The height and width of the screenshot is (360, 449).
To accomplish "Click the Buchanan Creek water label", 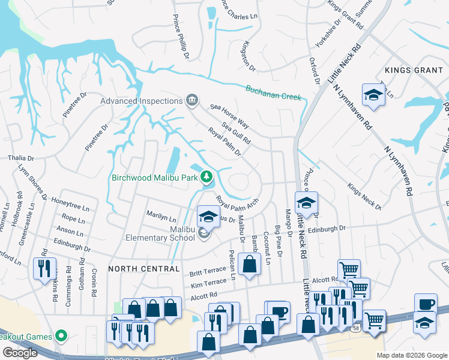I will pyautogui.click(x=273, y=92).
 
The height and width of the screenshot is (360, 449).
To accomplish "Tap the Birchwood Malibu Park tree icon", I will pyautogui.click(x=206, y=176).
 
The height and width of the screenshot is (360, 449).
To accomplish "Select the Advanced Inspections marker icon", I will pyautogui.click(x=192, y=100).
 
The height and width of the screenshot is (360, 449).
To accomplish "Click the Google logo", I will pyautogui.click(x=20, y=353).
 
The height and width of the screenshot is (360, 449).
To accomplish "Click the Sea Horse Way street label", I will pyautogui.click(x=229, y=115).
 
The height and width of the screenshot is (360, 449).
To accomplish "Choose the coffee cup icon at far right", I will pyautogui.click(x=426, y=304).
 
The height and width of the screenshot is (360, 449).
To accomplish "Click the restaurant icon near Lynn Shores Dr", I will pyautogui.click(x=44, y=268).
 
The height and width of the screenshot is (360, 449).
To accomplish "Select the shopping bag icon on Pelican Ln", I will pyautogui.click(x=249, y=263).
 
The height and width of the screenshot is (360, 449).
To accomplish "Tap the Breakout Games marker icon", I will pyautogui.click(x=60, y=335).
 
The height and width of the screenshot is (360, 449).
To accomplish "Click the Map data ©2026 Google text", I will pyautogui.click(x=411, y=355).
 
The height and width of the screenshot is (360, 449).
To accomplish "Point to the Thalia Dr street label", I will pyautogui.click(x=20, y=158).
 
